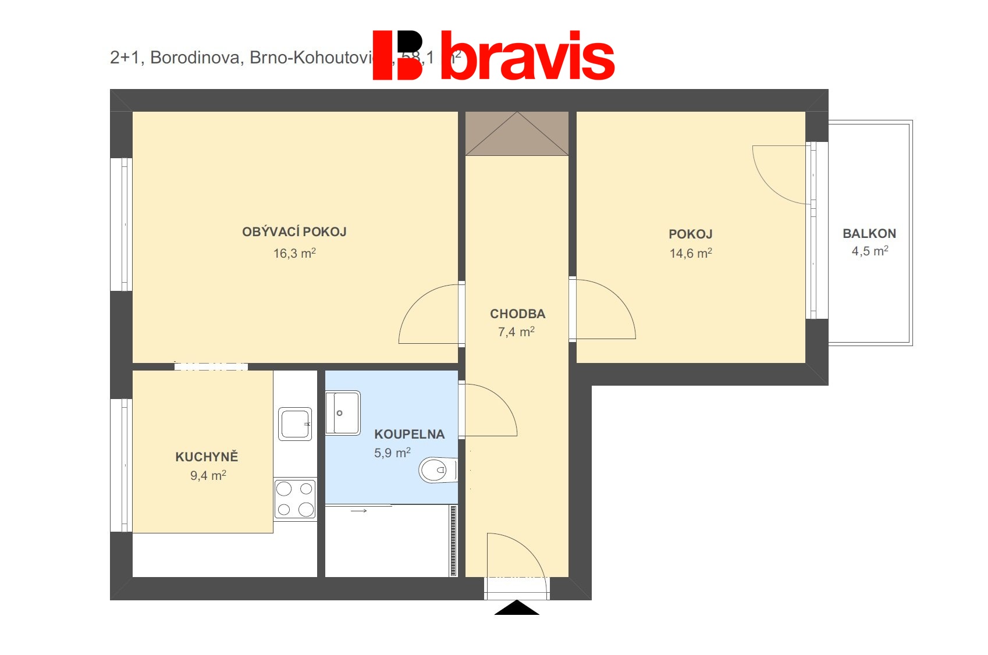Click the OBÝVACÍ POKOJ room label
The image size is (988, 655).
pos(294,232)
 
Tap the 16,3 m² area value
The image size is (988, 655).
pos(294,253)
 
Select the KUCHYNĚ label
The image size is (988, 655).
pos(207,457)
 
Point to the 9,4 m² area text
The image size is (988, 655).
pos(208,476)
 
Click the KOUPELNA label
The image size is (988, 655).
pos(409,435)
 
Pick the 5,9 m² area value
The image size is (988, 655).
pos(392,453)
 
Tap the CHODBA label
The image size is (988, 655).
pos(517,314)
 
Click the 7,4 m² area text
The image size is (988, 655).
pos(516,332)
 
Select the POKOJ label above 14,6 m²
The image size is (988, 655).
pos(690,234)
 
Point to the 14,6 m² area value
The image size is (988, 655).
pos(691,253)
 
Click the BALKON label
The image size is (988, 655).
pos(869,234)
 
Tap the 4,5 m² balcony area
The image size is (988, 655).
pos(870,251)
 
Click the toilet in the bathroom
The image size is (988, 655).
pos(436,470)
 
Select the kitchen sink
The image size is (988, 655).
pos(295,423)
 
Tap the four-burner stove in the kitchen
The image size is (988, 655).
pos(295,499)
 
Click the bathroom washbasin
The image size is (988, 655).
pos(343,413)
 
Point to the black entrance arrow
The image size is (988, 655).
pos(517,608)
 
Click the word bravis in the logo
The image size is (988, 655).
pos(527,56)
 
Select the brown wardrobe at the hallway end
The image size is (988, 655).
pos(517,133)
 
